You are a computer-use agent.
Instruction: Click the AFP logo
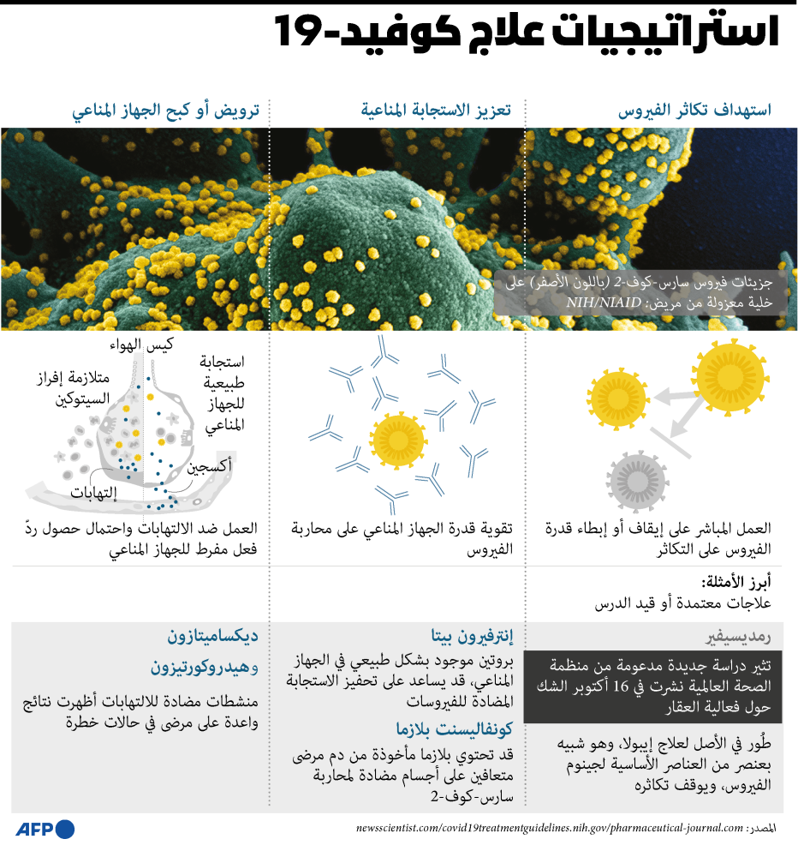[x=45, y=829]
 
